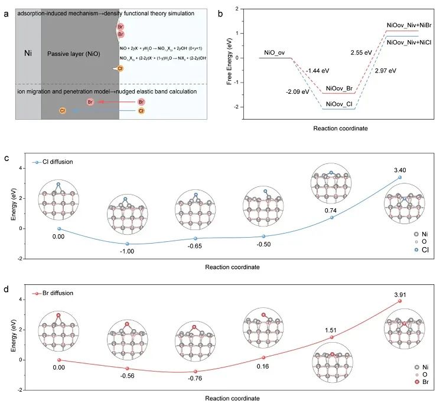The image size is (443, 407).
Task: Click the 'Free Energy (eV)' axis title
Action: click(x=230, y=58)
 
